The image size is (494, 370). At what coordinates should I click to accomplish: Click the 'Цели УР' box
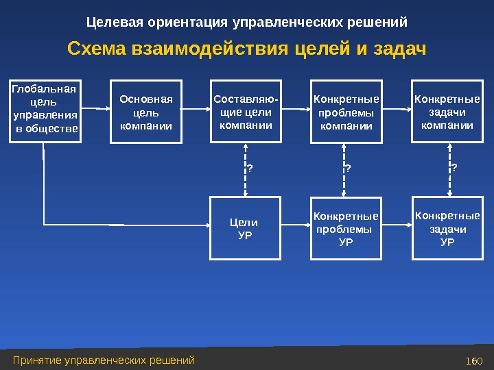click(245, 228)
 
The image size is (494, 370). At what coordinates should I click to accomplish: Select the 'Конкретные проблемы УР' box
click(346, 228)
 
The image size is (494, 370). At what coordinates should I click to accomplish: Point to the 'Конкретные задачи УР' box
click(445, 228)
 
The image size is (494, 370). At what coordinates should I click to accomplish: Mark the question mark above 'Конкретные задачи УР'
click(454, 166)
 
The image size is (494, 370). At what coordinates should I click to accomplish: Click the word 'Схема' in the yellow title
click(94, 50)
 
